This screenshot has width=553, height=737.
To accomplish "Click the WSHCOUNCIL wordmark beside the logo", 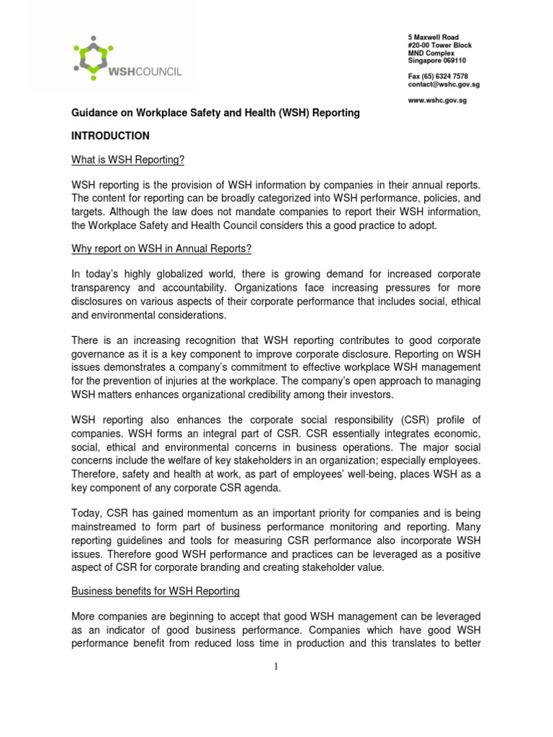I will pos(145,71).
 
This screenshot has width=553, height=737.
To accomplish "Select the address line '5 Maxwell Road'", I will pos(433,37).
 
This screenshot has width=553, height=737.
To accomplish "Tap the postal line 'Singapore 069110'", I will pos(439,60).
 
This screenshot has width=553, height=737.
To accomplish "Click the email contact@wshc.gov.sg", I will pos(444,84).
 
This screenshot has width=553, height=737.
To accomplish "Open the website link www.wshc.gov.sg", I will pos(437,100).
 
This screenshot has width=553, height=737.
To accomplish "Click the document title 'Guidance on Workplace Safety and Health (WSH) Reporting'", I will pos(215,114).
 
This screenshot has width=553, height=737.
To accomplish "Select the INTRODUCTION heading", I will pos(110,135).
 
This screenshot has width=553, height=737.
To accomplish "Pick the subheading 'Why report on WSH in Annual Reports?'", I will pos(161,248).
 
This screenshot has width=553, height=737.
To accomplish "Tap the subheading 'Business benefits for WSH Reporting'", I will pos(155,591).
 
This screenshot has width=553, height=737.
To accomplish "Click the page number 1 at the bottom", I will pos(275,666).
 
